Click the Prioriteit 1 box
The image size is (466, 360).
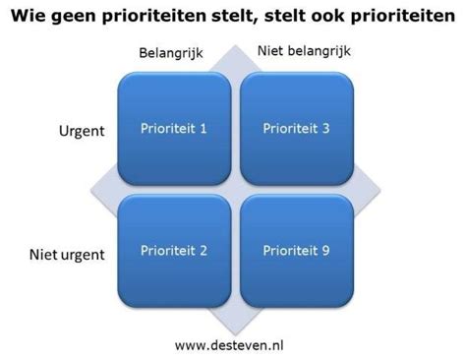[x=174, y=127]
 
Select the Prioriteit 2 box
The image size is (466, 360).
[x=174, y=251]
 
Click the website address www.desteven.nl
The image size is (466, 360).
[x=233, y=345]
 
